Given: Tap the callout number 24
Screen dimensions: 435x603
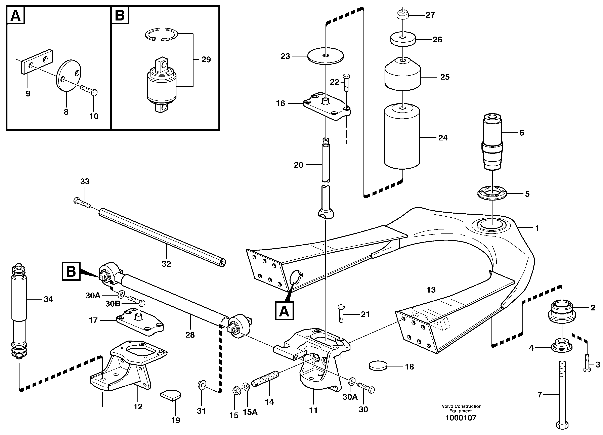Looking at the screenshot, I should tap(443, 138).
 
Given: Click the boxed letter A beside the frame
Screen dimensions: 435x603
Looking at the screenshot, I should tap(284, 311).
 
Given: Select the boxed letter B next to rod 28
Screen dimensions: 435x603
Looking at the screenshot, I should tap(71, 271).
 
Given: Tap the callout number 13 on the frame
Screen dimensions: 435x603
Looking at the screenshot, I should tap(431, 290).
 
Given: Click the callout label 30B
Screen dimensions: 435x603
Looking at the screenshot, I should tap(113, 304).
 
